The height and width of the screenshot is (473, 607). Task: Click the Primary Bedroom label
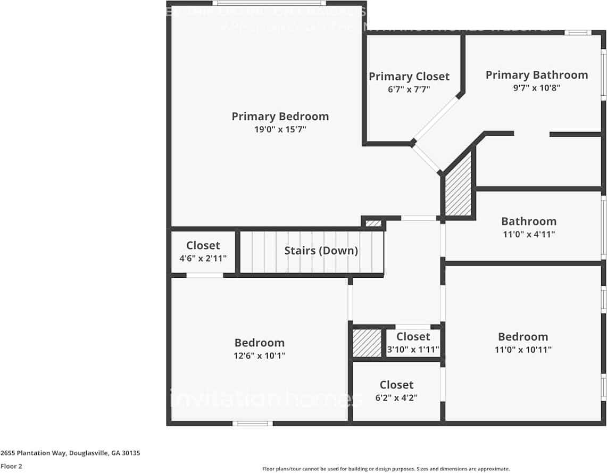tap(280, 116)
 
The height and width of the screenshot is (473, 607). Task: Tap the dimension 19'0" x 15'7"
tap(280, 129)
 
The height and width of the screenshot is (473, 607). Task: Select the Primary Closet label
tap(409, 77)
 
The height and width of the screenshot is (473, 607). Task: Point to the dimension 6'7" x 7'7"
tap(409, 89)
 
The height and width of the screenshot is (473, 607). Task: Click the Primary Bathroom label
tap(536, 75)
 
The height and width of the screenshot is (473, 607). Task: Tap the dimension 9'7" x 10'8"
tap(536, 88)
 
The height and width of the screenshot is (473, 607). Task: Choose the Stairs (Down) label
tap(321, 251)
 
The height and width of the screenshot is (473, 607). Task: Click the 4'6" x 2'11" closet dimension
tap(203, 259)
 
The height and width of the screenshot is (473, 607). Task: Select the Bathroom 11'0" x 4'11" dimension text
tap(528, 234)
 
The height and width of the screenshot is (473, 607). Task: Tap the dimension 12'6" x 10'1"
tap(260, 356)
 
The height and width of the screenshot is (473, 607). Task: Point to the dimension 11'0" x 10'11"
tap(523, 350)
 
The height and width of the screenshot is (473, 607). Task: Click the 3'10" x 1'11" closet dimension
tap(413, 350)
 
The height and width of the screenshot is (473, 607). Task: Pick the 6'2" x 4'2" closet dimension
tap(396, 397)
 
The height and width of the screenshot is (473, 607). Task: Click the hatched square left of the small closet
tap(368, 343)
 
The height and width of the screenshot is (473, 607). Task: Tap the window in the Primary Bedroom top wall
tap(269, 3)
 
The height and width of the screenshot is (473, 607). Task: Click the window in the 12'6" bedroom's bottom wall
tap(253, 424)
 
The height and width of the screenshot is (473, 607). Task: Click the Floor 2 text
tap(11, 466)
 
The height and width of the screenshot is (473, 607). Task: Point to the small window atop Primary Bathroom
tap(577, 32)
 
